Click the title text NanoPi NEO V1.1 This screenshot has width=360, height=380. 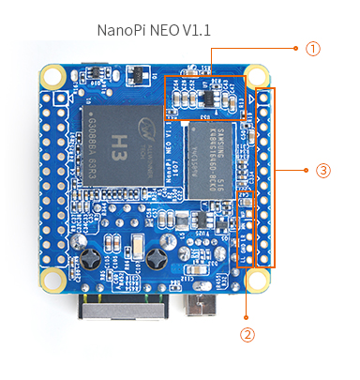(154, 30)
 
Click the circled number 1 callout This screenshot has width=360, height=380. (312, 47)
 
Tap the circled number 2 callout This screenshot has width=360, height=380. (247, 333)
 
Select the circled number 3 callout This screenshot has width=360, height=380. (322, 171)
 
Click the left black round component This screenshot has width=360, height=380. (91, 253)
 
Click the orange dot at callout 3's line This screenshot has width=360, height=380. (307, 171)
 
